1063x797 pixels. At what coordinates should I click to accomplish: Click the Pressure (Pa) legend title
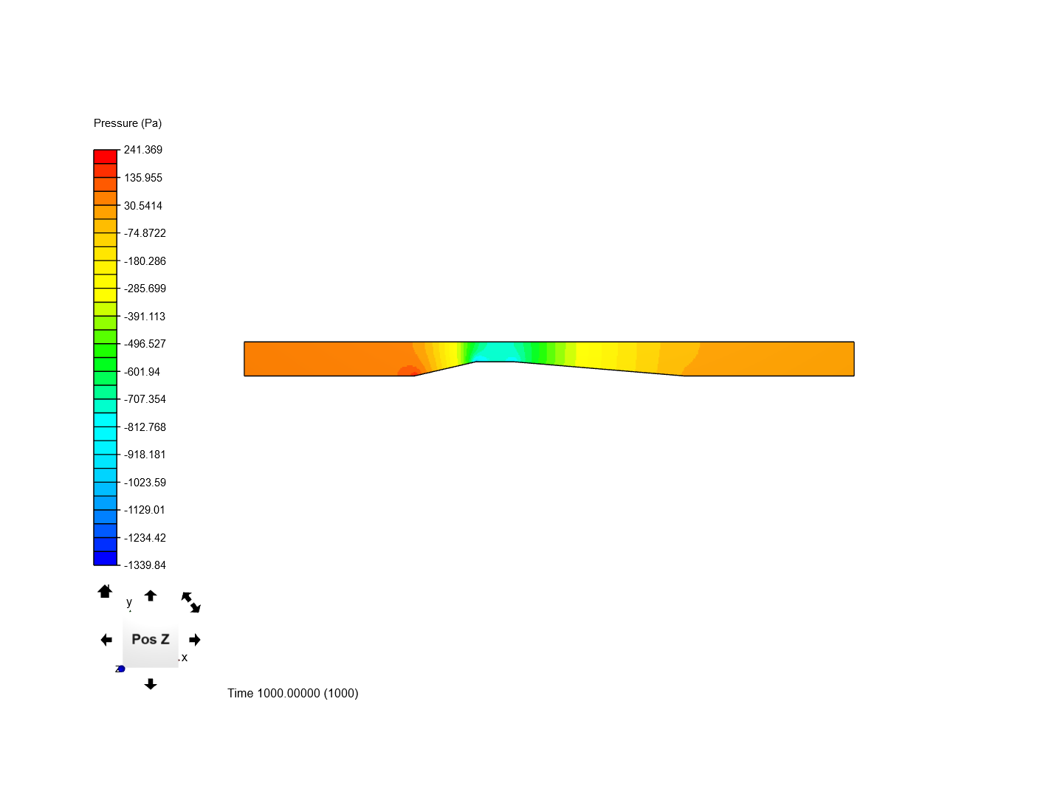[x=128, y=123]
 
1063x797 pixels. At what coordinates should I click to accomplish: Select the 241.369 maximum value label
[x=143, y=150]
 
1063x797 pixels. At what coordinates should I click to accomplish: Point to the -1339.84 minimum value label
[x=145, y=565]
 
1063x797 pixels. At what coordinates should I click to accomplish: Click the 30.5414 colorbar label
[x=143, y=206]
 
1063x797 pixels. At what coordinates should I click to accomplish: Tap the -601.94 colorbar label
[x=142, y=372]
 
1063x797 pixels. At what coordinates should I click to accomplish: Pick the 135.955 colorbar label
[x=143, y=178]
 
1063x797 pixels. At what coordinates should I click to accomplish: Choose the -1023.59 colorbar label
[x=145, y=483]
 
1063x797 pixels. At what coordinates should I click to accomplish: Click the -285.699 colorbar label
[x=145, y=289]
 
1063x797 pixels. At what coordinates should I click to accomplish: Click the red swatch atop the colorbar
[x=106, y=156]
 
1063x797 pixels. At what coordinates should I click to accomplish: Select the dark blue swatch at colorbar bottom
[x=106, y=558]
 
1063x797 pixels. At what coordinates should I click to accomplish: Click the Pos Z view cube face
[x=151, y=640]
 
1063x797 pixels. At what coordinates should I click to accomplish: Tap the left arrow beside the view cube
[x=106, y=640]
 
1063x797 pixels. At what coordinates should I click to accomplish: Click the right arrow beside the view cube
[x=195, y=640]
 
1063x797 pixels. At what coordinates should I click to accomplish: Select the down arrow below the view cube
[x=151, y=684]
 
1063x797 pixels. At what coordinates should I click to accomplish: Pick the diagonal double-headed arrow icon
[x=191, y=602]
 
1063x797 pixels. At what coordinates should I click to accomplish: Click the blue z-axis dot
[x=121, y=669]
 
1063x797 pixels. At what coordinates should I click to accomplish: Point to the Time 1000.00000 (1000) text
[x=293, y=693]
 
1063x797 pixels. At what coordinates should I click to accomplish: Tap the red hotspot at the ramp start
[x=406, y=371]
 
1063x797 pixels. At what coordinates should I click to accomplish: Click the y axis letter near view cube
[x=129, y=602]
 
